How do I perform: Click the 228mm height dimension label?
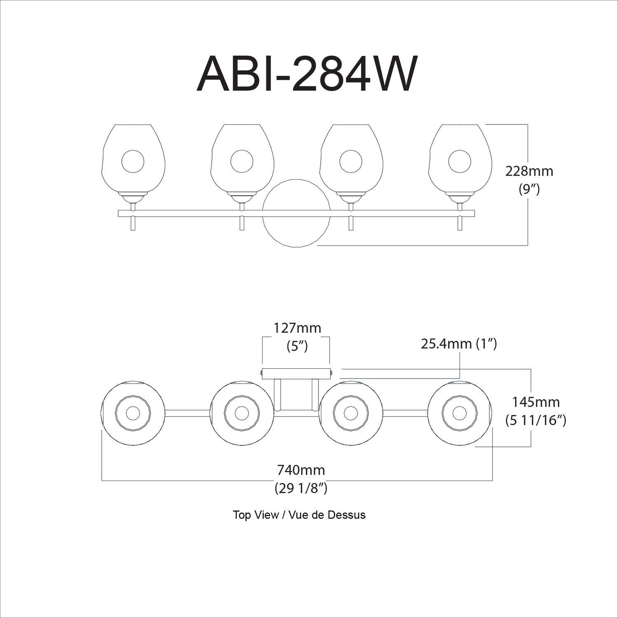tap(529, 171)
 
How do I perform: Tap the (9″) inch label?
tap(529, 190)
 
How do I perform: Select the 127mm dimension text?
tap(297, 328)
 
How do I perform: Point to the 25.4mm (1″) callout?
tap(459, 343)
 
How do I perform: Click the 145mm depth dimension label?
tap(535, 401)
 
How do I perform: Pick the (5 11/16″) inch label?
tap(535, 420)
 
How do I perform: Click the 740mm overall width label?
tap(300, 469)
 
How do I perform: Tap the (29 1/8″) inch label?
tap(300, 488)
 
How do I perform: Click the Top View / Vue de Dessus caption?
tap(299, 515)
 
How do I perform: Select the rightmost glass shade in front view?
tap(459, 159)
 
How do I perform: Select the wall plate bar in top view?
tap(296, 374)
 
